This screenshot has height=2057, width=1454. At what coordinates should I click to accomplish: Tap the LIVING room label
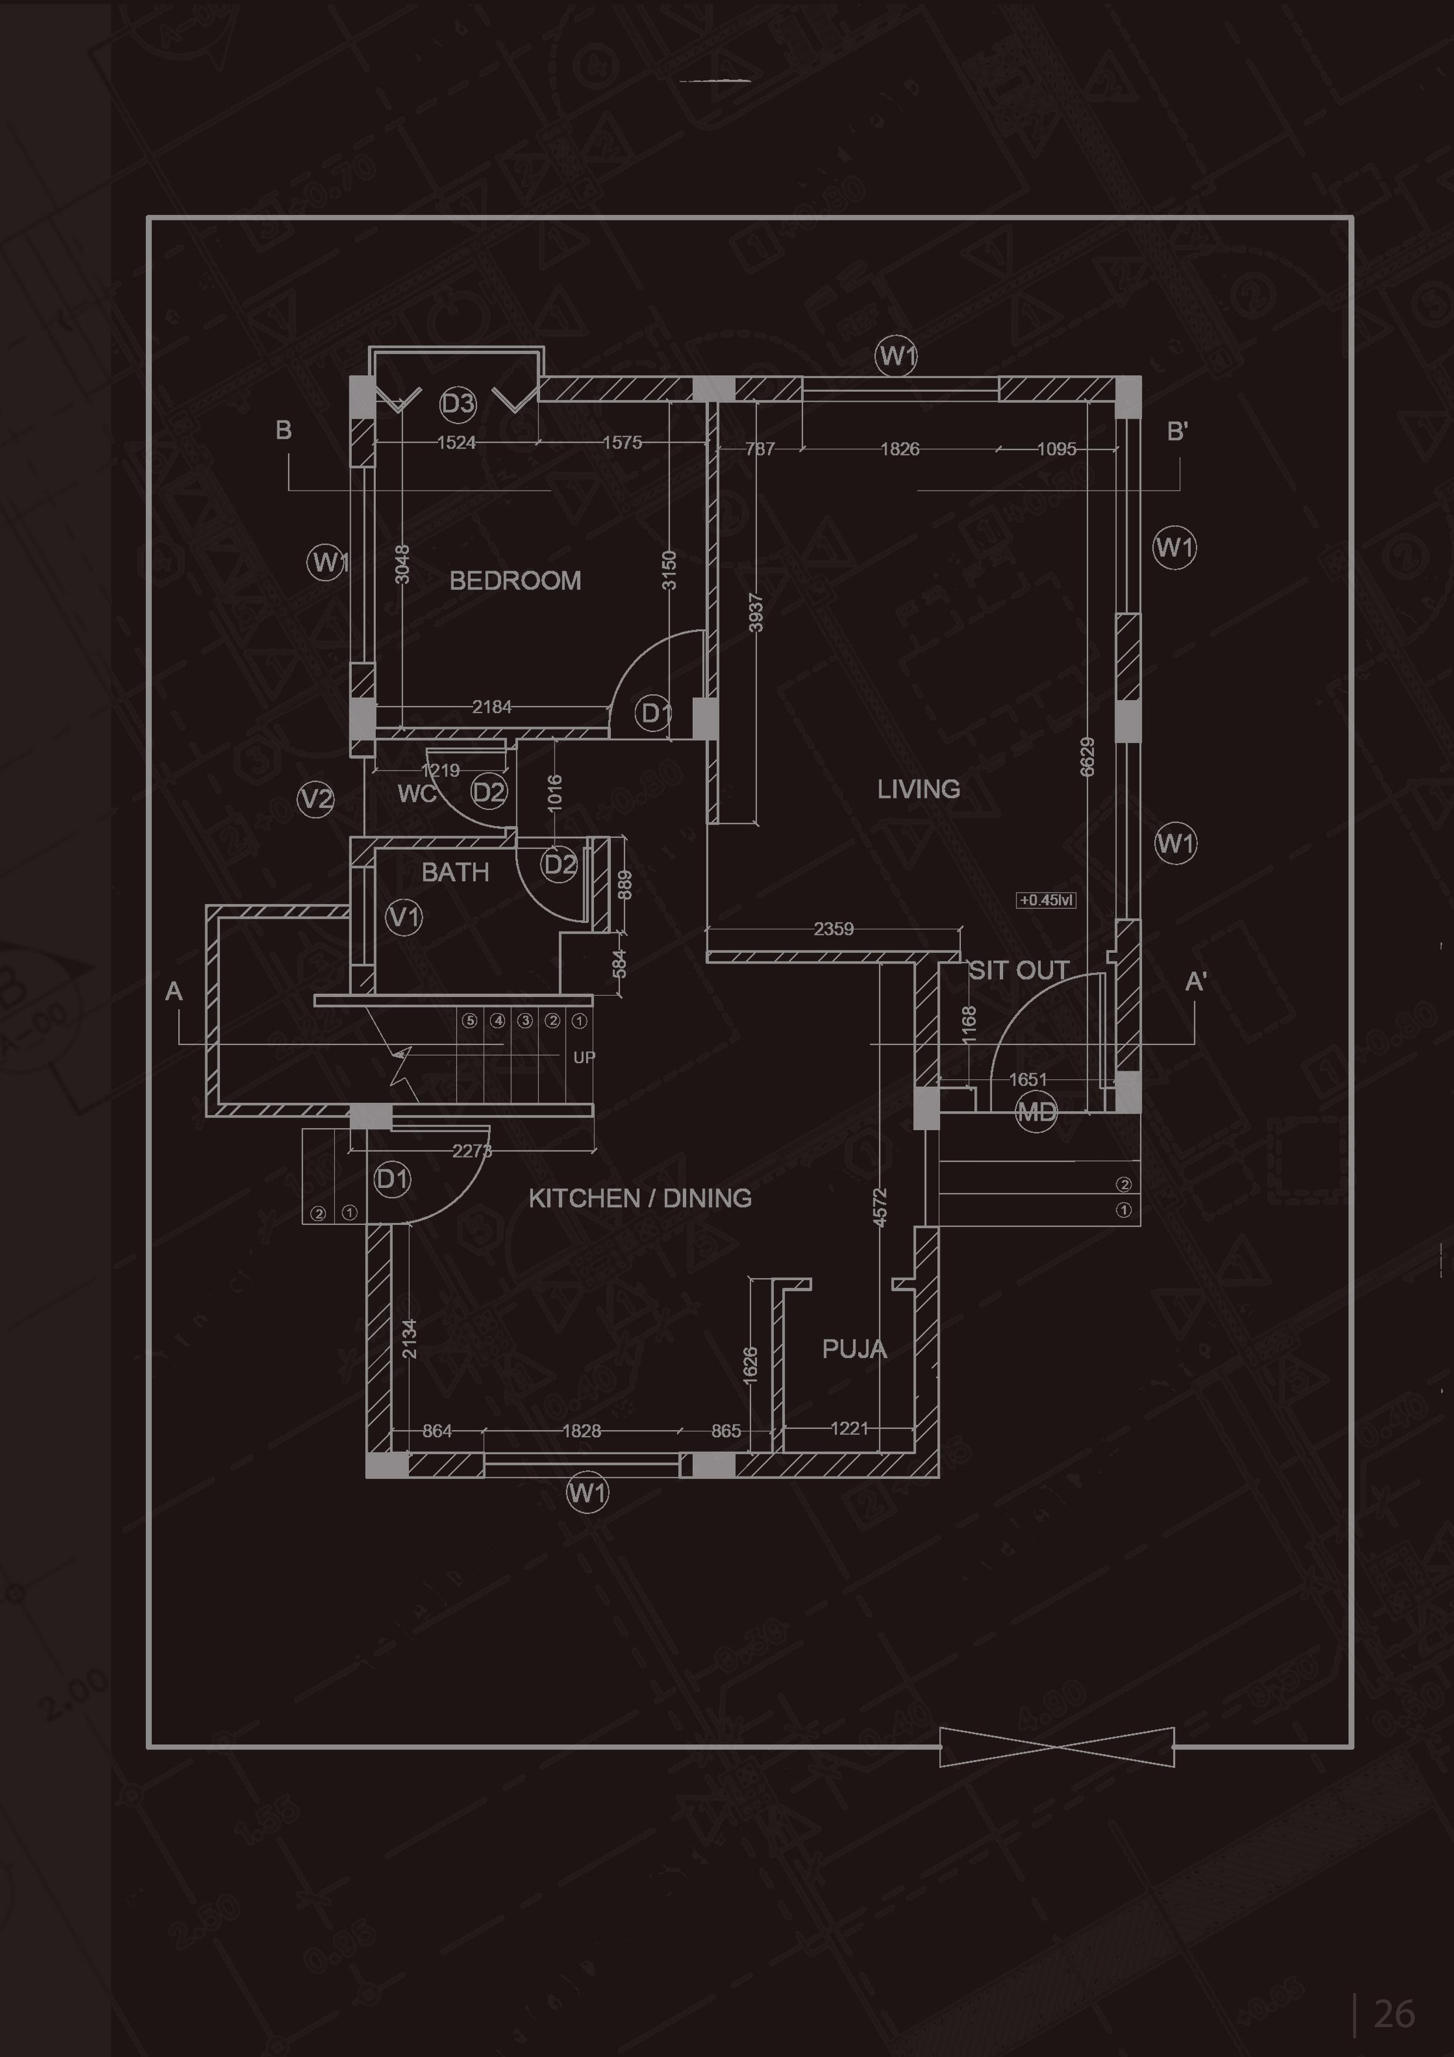click(918, 789)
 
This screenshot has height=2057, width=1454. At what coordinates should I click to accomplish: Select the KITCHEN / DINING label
click(640, 1199)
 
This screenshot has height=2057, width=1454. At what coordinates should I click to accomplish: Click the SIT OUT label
click(1018, 970)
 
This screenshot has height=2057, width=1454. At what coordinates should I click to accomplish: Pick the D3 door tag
click(458, 403)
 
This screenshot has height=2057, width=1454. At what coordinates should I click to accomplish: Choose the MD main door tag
click(1035, 1113)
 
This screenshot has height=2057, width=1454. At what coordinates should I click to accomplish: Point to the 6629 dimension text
click(1088, 757)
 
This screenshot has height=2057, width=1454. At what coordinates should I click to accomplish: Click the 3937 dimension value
click(755, 612)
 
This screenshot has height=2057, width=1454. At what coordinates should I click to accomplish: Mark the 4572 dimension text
click(880, 1207)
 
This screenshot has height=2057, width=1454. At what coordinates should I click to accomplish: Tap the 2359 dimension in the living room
click(833, 929)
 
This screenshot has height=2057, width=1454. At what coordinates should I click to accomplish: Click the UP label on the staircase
click(584, 1057)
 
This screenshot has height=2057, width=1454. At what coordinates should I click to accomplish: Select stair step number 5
click(470, 1020)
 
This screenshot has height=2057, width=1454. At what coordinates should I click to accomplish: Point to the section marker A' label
click(1195, 982)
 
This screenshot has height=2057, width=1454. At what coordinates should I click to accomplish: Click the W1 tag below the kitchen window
click(587, 1492)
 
